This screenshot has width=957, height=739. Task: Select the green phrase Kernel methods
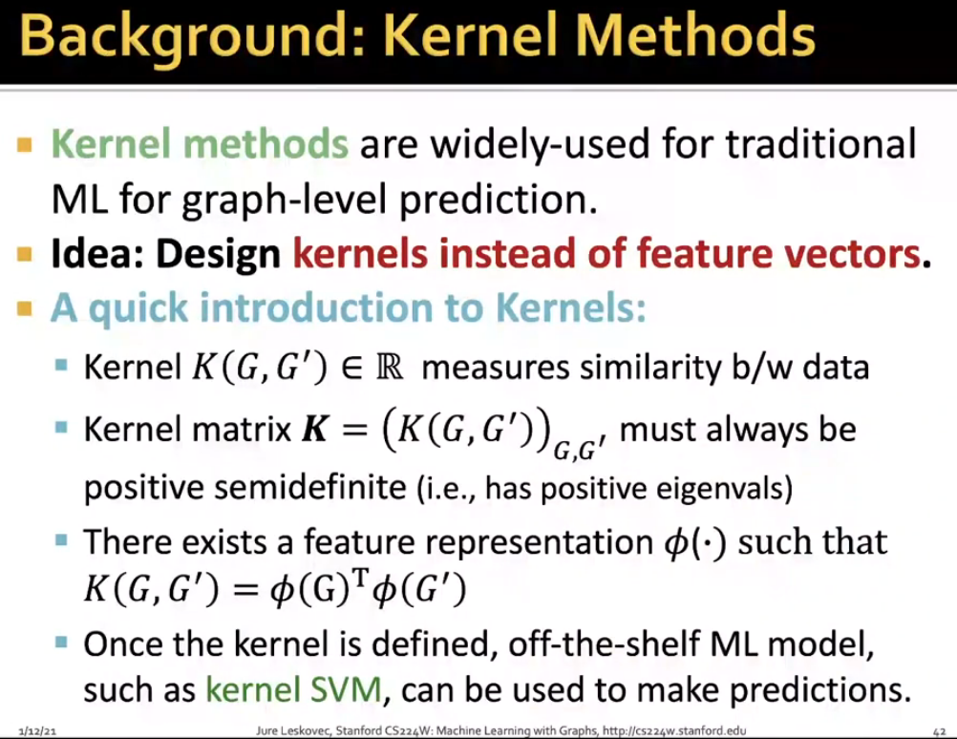pos(200,144)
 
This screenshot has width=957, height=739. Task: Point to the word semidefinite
pos(310,488)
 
